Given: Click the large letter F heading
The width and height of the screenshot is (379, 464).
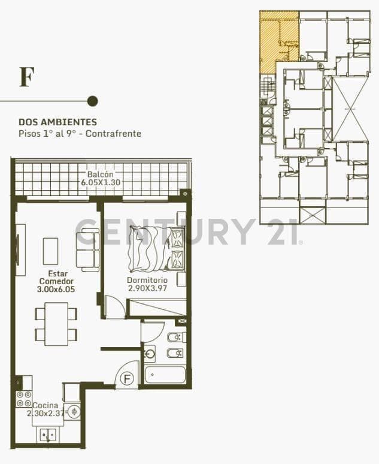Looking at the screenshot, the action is click(27, 77).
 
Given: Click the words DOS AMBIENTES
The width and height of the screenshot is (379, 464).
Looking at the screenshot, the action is click(58, 122).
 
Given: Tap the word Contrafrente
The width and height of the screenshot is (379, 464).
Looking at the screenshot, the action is click(114, 134).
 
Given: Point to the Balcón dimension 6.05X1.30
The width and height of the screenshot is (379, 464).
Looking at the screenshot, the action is click(101, 182).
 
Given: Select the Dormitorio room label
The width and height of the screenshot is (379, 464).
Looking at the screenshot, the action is click(147, 280).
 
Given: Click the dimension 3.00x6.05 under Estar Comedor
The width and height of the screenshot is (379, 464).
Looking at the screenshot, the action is click(56, 289).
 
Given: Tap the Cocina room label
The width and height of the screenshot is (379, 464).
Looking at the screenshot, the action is click(46, 405).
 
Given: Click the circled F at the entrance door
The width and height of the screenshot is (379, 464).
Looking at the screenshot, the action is click(127, 379).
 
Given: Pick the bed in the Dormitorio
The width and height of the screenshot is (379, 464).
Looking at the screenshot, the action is click(157, 249).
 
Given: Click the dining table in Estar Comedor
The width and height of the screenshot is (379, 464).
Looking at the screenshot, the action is click(56, 324).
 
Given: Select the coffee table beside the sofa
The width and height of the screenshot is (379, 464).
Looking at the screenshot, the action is click(50, 251).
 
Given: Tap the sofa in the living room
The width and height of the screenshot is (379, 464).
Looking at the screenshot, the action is click(88, 250).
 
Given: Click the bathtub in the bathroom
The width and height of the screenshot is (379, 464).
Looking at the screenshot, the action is click(165, 375).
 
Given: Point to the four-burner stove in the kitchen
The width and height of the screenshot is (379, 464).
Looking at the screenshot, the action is click(24, 399).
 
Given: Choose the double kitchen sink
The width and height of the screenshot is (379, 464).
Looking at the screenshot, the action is click(47, 435).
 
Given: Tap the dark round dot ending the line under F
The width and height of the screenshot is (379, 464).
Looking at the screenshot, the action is click(93, 101).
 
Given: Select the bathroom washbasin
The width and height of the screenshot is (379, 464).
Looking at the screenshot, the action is click(150, 353).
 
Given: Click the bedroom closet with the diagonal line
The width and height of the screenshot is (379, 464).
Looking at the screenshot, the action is click(157, 308).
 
